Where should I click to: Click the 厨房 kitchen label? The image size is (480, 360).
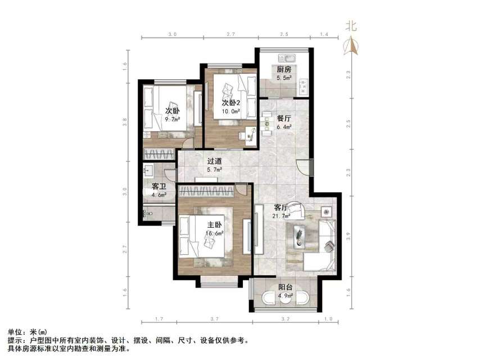[x=283, y=70]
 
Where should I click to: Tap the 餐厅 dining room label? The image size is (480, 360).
[x=284, y=119]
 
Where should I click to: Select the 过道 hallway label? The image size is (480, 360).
[x=214, y=161]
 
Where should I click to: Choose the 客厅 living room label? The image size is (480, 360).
[x=282, y=208]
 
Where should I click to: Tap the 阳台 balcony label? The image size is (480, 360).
[x=286, y=287]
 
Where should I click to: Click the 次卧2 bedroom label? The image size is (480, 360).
[x=231, y=103]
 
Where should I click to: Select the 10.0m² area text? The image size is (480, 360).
[x=232, y=111]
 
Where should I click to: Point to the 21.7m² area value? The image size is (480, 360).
[x=282, y=215]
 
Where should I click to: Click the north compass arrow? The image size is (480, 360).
[x=353, y=45]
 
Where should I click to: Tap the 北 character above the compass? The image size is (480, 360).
[x=352, y=25]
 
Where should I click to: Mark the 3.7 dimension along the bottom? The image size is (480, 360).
[x=214, y=319]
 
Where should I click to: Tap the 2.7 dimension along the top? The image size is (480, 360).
[x=230, y=35]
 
